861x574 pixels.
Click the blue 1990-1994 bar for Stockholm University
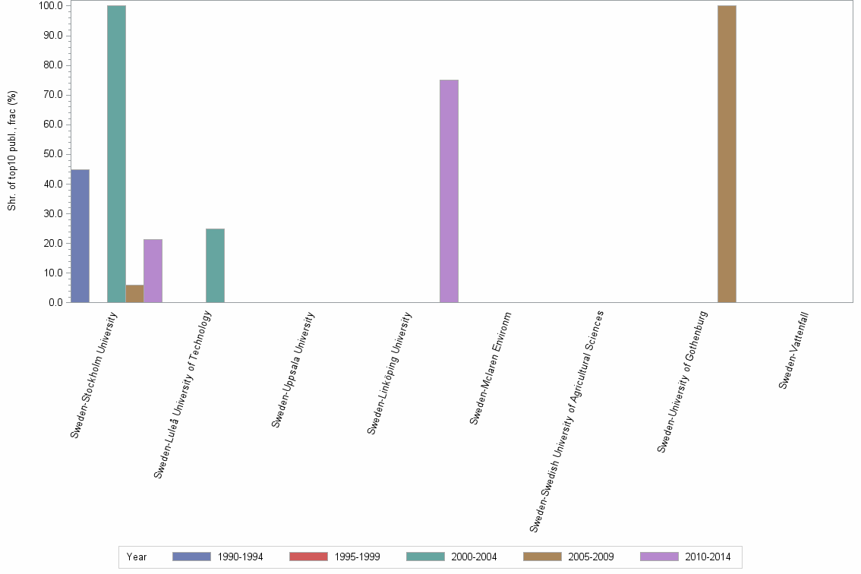click(x=80, y=235)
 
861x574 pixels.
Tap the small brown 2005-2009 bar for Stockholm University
click(x=134, y=293)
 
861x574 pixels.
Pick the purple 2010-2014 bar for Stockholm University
click(x=153, y=270)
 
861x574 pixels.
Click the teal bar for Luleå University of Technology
click(x=215, y=265)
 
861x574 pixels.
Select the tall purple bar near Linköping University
click(x=449, y=191)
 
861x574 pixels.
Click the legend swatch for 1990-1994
click(x=191, y=557)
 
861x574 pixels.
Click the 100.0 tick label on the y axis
click(x=52, y=5)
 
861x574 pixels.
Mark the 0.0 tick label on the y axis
click(x=55, y=302)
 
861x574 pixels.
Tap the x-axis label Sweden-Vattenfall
click(x=794, y=349)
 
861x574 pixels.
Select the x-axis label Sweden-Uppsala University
click(x=294, y=369)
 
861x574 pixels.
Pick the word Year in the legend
click(x=137, y=557)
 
